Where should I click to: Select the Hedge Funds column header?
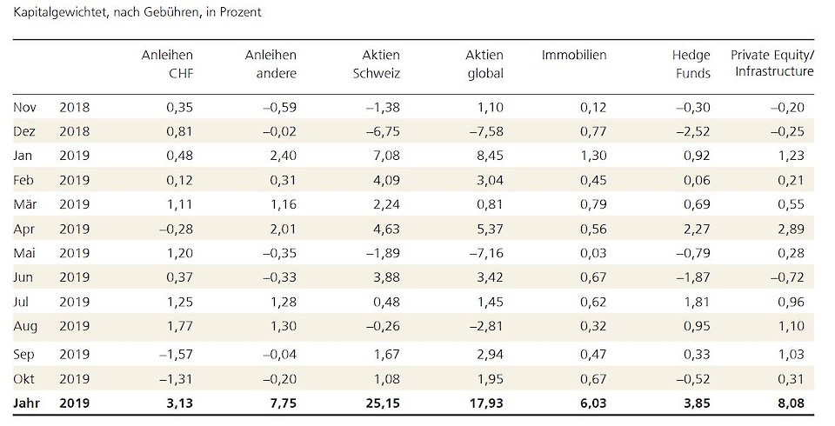pos(691,64)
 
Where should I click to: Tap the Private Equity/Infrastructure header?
pos(774,64)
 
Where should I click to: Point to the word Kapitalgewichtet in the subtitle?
pos(55,13)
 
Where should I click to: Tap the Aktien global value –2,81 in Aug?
pos(486,329)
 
